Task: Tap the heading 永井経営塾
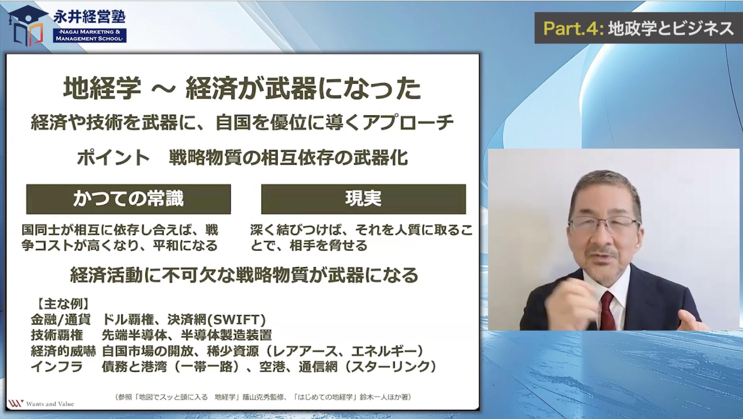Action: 89,17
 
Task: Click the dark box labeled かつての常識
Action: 128,199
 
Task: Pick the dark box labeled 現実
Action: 363,199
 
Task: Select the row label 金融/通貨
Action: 61,320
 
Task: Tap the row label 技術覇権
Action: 57,335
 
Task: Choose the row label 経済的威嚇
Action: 64,351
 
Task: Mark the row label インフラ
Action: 57,367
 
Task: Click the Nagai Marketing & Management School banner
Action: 90,35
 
